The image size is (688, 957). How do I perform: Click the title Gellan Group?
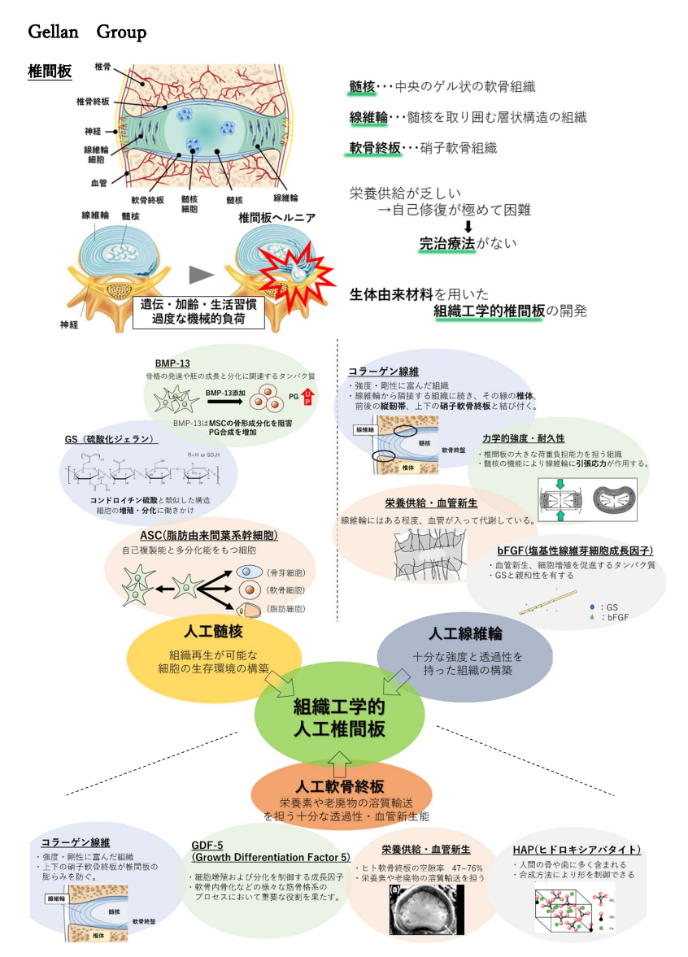[87, 33]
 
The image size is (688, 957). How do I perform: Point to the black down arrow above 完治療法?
[468, 227]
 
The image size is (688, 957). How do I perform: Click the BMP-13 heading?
[173, 363]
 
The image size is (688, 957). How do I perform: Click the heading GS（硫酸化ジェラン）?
[111, 439]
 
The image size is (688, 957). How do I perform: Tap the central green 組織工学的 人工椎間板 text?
[339, 716]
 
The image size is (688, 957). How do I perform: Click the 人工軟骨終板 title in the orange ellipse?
[340, 786]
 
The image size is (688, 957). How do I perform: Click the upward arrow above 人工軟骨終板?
[340, 763]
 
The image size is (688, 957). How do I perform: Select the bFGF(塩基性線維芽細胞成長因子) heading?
[575, 550]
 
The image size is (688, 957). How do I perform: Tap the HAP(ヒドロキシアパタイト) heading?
[577, 850]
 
